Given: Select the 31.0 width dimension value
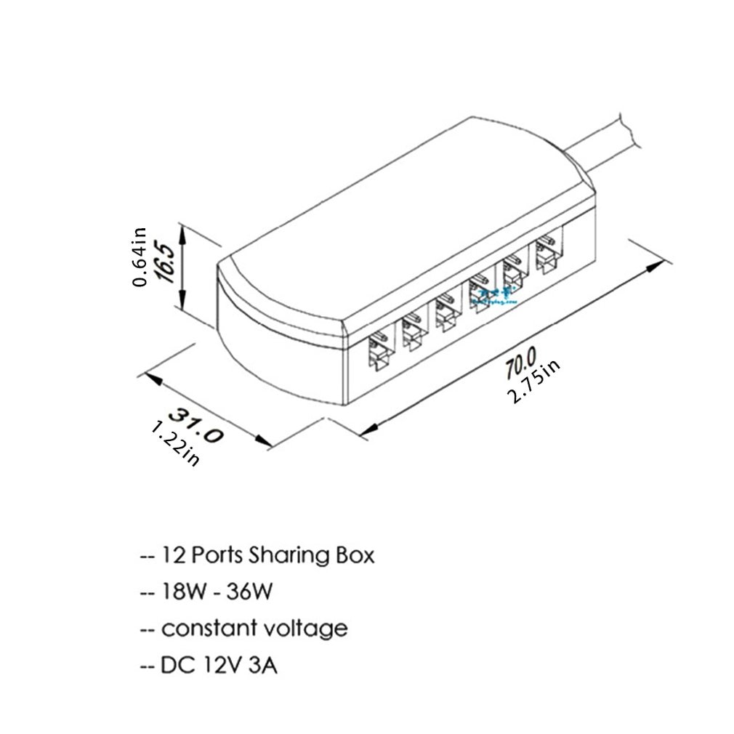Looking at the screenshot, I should (195, 424).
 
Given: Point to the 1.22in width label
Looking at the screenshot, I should (175, 444).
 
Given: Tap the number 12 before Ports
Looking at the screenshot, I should (174, 557).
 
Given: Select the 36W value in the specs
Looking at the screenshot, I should (249, 592).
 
